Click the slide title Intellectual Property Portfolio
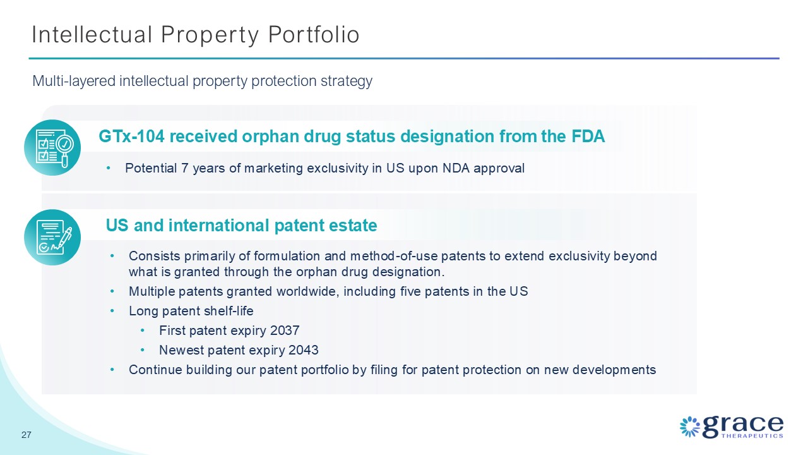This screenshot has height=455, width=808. [x=196, y=35]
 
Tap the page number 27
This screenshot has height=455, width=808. [x=27, y=435]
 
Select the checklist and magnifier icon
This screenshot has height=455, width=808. [x=52, y=148]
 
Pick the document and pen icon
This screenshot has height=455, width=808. [x=52, y=237]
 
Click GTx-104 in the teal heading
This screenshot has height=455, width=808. [x=132, y=136]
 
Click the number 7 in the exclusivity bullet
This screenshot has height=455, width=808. [x=185, y=168]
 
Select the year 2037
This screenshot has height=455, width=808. [x=285, y=331]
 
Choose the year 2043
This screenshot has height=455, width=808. [x=304, y=350]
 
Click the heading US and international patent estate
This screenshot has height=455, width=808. [x=241, y=226]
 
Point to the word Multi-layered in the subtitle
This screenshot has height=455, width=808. [x=74, y=82]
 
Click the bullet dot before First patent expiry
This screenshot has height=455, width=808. [x=143, y=331]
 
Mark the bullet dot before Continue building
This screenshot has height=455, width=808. [x=112, y=370]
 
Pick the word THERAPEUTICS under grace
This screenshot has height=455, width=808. [x=752, y=436]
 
